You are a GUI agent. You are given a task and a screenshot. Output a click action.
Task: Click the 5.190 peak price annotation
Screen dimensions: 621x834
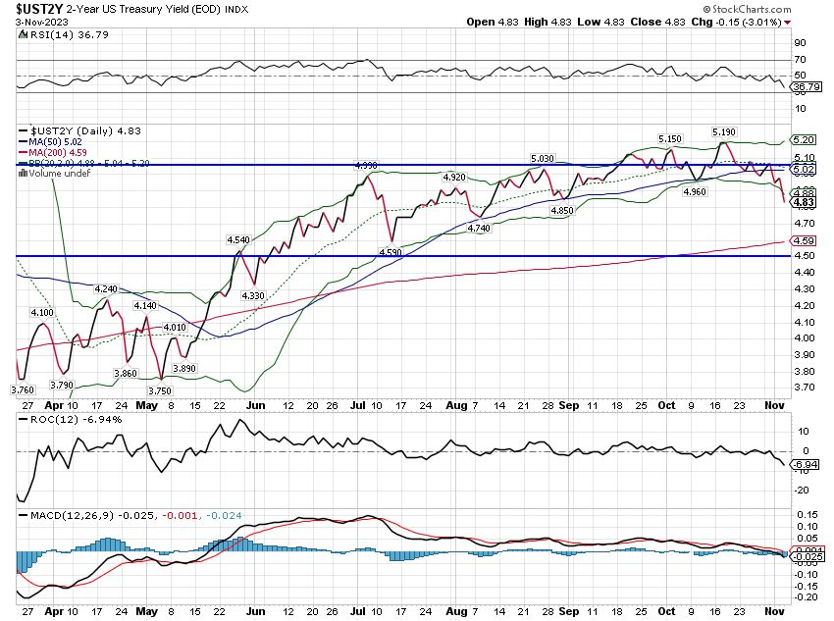point(724,131)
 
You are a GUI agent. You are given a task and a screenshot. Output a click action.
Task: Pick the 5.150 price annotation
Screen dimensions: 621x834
point(670,138)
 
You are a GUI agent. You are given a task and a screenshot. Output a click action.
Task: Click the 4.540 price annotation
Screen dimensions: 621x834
point(238,239)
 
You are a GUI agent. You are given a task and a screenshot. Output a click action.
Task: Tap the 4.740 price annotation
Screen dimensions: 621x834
point(479,228)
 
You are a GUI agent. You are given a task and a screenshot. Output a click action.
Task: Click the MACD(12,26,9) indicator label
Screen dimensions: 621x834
point(59,513)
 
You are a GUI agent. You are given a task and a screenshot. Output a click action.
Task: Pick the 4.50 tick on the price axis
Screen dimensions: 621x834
point(805,256)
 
